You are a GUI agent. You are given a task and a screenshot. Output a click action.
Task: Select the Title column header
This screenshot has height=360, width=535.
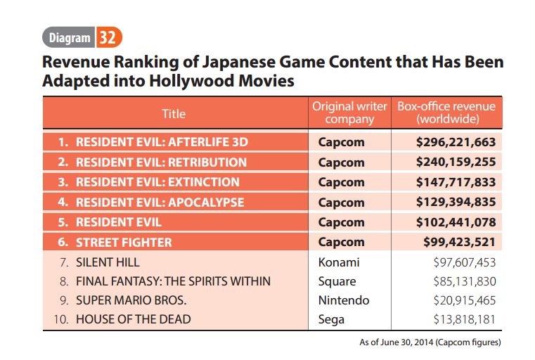174,112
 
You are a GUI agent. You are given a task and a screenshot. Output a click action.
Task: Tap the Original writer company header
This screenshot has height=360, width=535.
349,112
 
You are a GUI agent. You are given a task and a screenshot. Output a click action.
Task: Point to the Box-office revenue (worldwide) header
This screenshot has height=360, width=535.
446,112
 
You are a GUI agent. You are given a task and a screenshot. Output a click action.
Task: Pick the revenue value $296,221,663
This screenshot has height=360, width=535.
456,142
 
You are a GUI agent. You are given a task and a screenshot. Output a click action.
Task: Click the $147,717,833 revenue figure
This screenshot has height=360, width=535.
456,182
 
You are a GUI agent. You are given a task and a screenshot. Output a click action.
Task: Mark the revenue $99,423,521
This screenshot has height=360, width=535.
458,243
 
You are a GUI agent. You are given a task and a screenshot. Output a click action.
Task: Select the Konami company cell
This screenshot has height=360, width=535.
338,262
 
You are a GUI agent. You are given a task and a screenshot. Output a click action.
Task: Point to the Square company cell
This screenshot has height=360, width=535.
337,281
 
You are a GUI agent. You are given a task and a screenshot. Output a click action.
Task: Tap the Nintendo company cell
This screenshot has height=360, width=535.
343,300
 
